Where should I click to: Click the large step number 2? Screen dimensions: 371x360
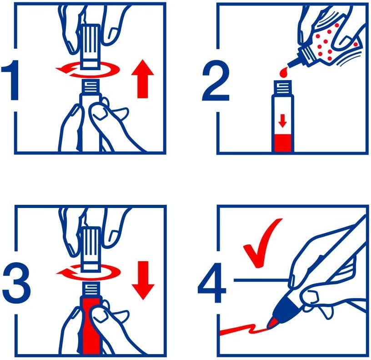tap(216, 81)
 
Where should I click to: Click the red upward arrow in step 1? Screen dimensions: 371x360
tap(143, 79)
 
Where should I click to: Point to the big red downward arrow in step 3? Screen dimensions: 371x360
tap(143, 280)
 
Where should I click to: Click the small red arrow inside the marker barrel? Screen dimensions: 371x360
tap(282, 121)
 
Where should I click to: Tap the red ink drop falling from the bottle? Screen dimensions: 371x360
tap(283, 72)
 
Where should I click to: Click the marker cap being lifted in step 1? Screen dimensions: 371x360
tap(90, 47)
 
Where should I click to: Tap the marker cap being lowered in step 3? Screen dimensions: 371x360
tap(90, 249)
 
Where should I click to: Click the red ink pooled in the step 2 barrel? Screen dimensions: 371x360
tap(282, 143)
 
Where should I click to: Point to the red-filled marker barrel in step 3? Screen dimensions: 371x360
tap(91, 326)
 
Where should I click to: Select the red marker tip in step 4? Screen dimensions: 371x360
tap(272, 323)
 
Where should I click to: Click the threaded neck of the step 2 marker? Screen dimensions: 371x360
tap(282, 87)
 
